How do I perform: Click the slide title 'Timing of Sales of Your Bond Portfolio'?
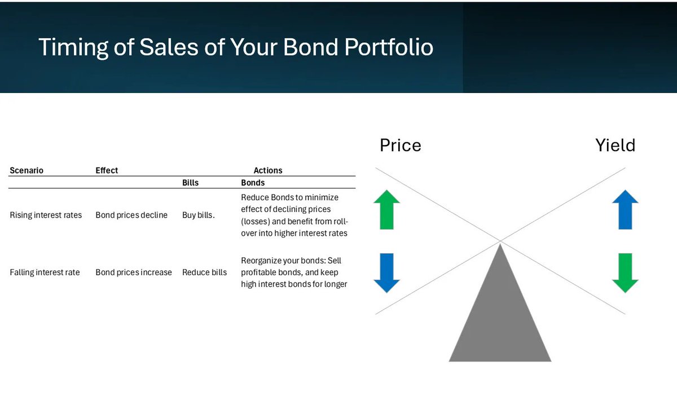pos(236,47)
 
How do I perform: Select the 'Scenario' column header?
pos(27,170)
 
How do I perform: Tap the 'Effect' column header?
pos(107,170)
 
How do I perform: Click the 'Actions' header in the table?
pos(268,170)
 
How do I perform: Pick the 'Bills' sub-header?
pos(191,183)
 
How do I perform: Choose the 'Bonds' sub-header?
pos(253,183)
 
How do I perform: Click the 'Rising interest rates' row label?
pos(46,215)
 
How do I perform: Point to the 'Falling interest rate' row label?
pos(45,272)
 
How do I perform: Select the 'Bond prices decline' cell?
pos(131,215)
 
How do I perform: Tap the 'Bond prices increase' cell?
pos(134,272)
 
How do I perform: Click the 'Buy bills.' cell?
pos(198,215)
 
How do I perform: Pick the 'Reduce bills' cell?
pos(204,272)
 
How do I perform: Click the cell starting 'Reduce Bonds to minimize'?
pos(294,215)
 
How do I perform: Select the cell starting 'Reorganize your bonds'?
pos(294,272)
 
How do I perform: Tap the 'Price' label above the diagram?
pos(401,146)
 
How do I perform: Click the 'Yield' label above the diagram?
pos(616,146)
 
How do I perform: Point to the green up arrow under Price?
pos(386,209)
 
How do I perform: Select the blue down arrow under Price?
pos(386,273)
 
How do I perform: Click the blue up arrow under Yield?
pos(625,209)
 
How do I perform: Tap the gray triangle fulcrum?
pos(500,318)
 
